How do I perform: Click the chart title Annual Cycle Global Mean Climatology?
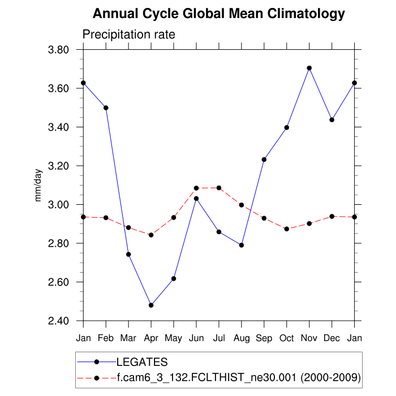pyautogui.click(x=218, y=14)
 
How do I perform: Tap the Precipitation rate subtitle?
pyautogui.click(x=129, y=35)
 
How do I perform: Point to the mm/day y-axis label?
pyautogui.click(x=38, y=186)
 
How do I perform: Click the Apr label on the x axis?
pyautogui.click(x=151, y=338)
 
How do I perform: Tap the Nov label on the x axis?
pyautogui.click(x=309, y=338)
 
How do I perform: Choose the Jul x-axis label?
pyautogui.click(x=219, y=338)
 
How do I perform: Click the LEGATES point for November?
pyautogui.click(x=309, y=68)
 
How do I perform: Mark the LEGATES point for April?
pyautogui.click(x=151, y=305)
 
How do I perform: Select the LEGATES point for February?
pyautogui.click(x=106, y=107)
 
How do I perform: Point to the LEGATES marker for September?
pyautogui.click(x=264, y=160)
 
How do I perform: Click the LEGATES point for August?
pyautogui.click(x=242, y=245)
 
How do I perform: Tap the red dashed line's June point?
pyautogui.click(x=196, y=188)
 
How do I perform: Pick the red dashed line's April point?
pyautogui.click(x=151, y=235)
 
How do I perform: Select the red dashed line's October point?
pyautogui.click(x=287, y=229)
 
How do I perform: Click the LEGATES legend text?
pyautogui.click(x=142, y=361)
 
